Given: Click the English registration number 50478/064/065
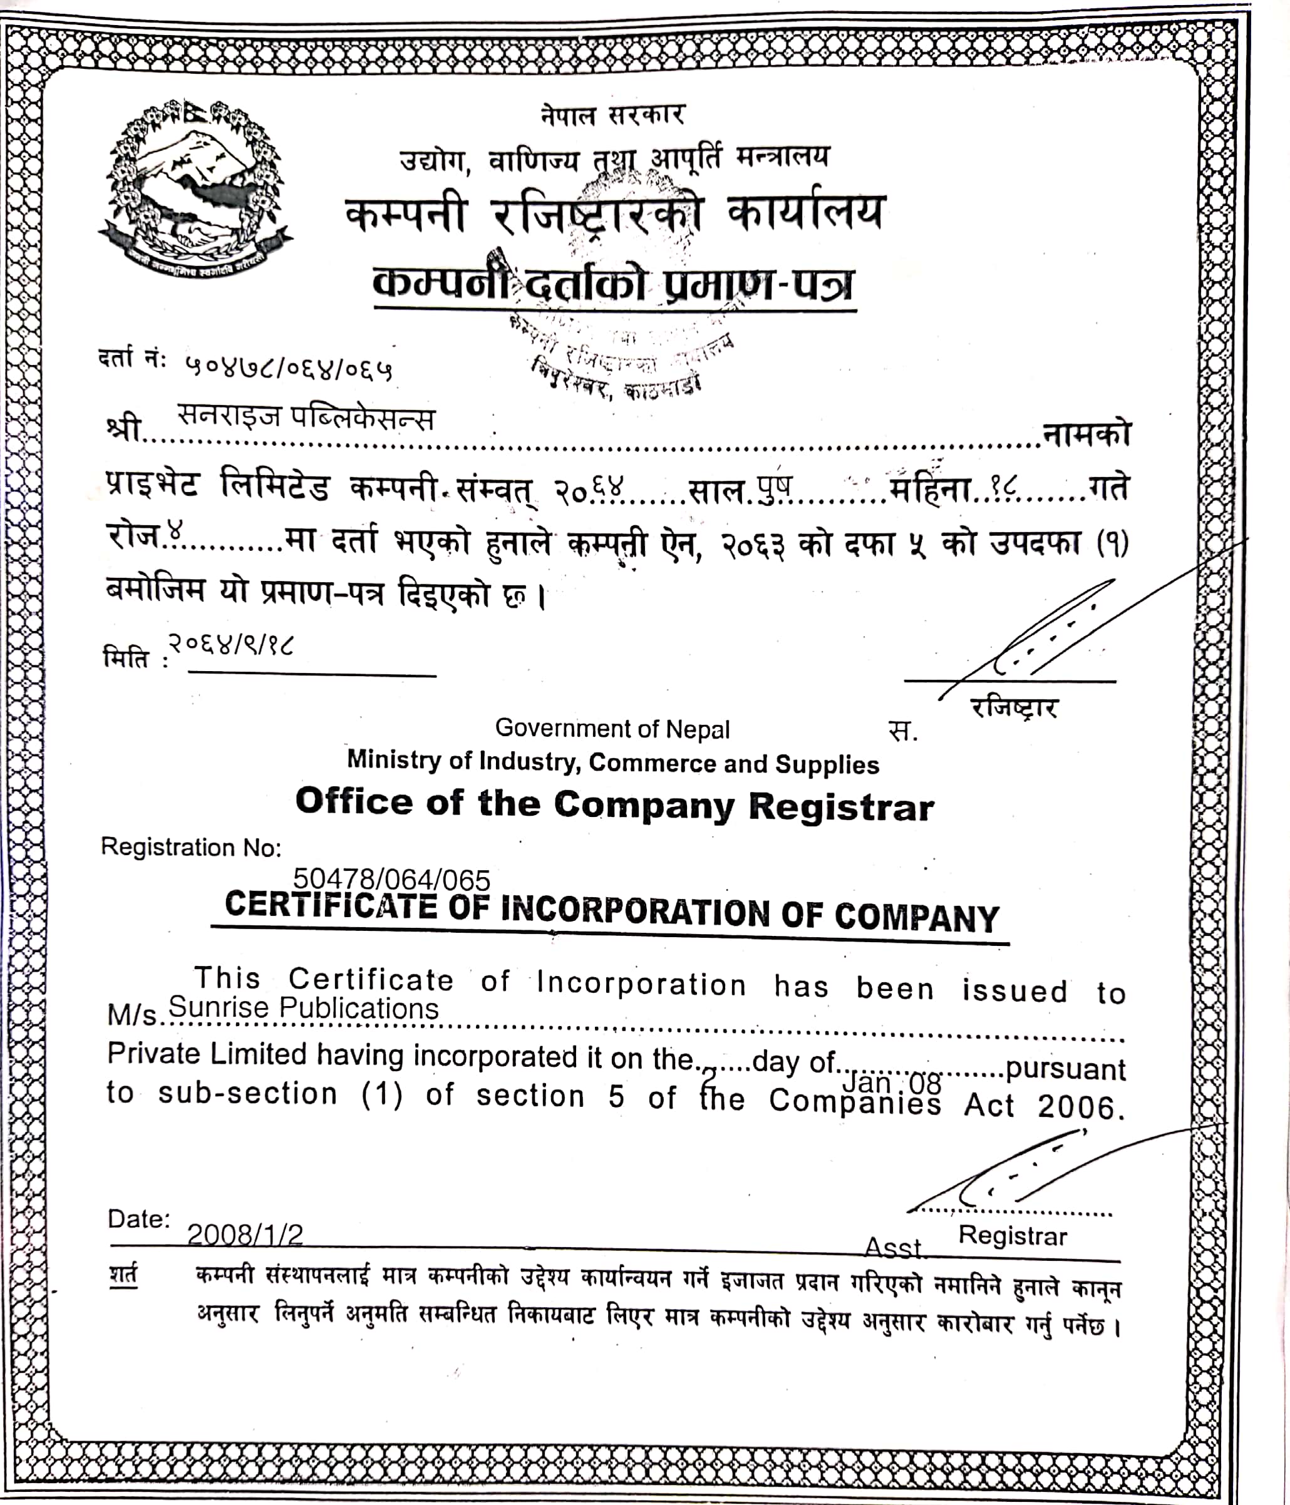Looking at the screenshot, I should (x=391, y=880).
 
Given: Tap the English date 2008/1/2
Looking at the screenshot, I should (x=245, y=1234).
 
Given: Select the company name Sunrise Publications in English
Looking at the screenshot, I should (x=304, y=1008).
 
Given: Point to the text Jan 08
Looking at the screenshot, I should (x=892, y=1083).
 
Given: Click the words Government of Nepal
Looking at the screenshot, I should (x=612, y=728).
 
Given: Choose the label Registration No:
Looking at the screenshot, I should (x=190, y=847).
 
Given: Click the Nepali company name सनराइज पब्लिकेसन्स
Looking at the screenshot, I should (x=306, y=419).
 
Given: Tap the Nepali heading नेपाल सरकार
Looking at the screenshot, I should (x=612, y=115).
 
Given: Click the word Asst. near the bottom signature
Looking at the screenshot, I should (x=893, y=1247).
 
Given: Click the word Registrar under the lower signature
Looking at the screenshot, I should (x=1013, y=1236).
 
